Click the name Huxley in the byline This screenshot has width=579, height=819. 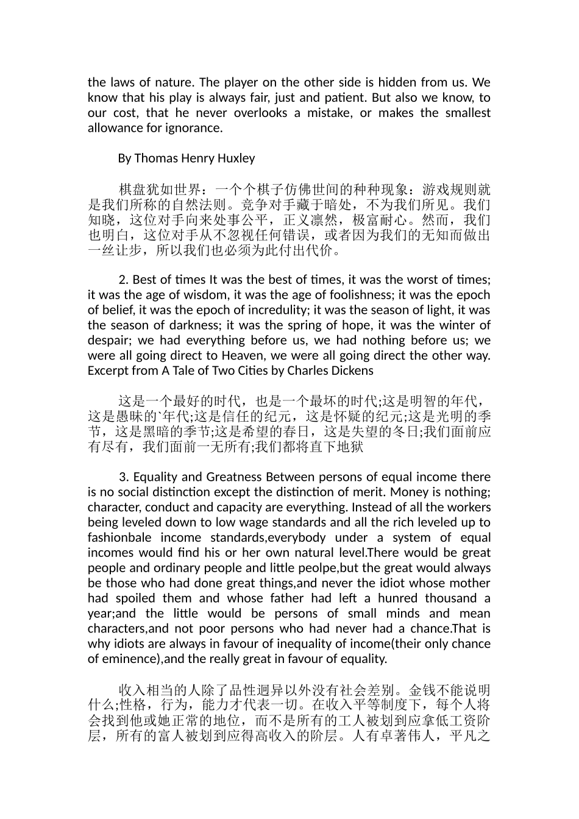point(235,158)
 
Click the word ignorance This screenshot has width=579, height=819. point(196,128)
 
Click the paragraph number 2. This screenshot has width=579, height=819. point(122,280)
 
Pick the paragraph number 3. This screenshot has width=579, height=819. point(122,477)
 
